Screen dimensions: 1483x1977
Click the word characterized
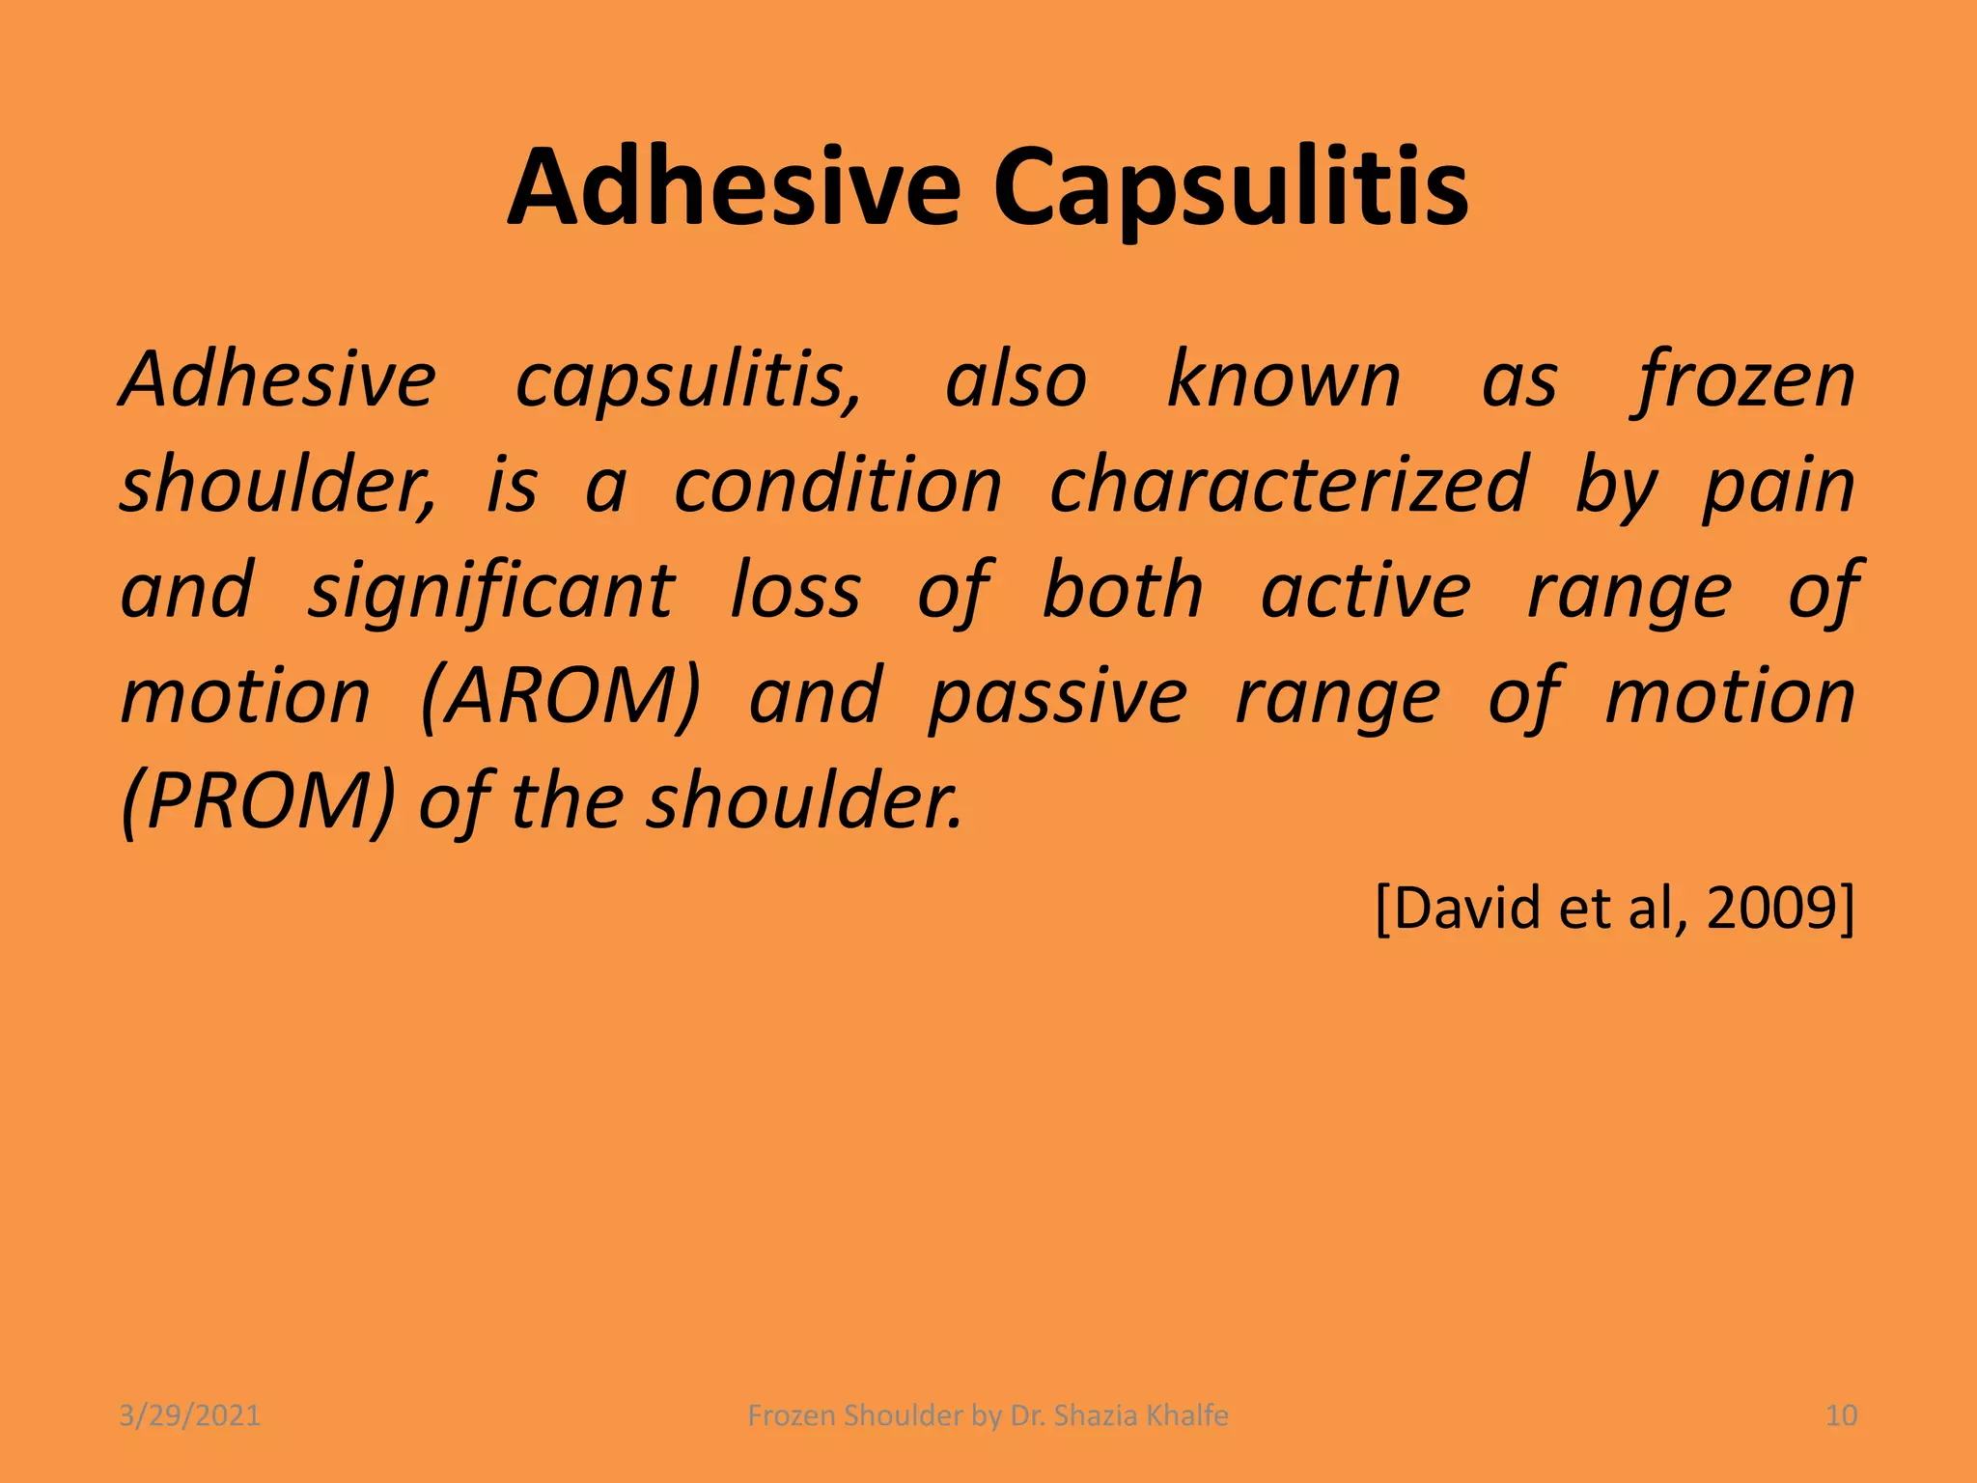1289,485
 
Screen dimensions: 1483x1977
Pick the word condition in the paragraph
837,485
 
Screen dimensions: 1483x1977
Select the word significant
491,591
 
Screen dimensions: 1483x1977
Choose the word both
1123,591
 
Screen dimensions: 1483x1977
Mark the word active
1366,591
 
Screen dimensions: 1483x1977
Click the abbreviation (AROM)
561,696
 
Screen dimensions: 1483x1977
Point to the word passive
1057,696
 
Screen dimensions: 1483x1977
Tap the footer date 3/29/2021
189,1415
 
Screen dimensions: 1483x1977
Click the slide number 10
1841,1415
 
